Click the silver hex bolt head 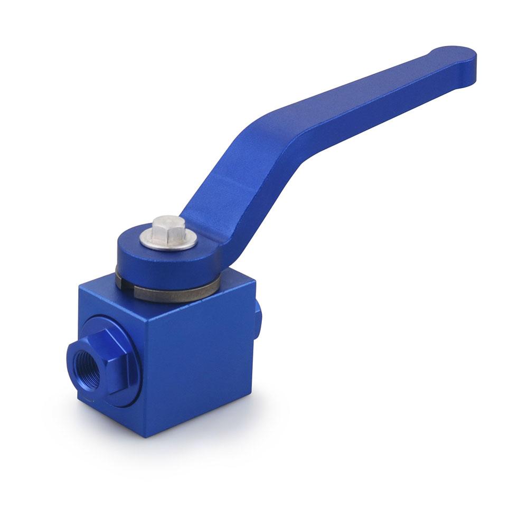tap(168, 229)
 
